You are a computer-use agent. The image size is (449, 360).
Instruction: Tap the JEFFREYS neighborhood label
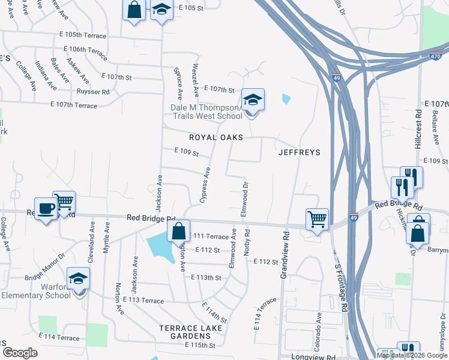(x=300, y=152)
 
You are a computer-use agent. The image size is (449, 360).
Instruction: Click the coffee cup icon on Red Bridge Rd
(x=46, y=209)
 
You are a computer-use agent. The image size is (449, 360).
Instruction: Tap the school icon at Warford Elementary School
(x=79, y=279)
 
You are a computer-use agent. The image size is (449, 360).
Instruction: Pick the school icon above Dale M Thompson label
(x=253, y=100)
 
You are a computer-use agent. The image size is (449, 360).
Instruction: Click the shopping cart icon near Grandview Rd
(x=317, y=218)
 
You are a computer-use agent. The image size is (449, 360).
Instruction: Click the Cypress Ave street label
(x=205, y=185)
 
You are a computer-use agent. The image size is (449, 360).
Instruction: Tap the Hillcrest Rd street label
(x=418, y=128)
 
